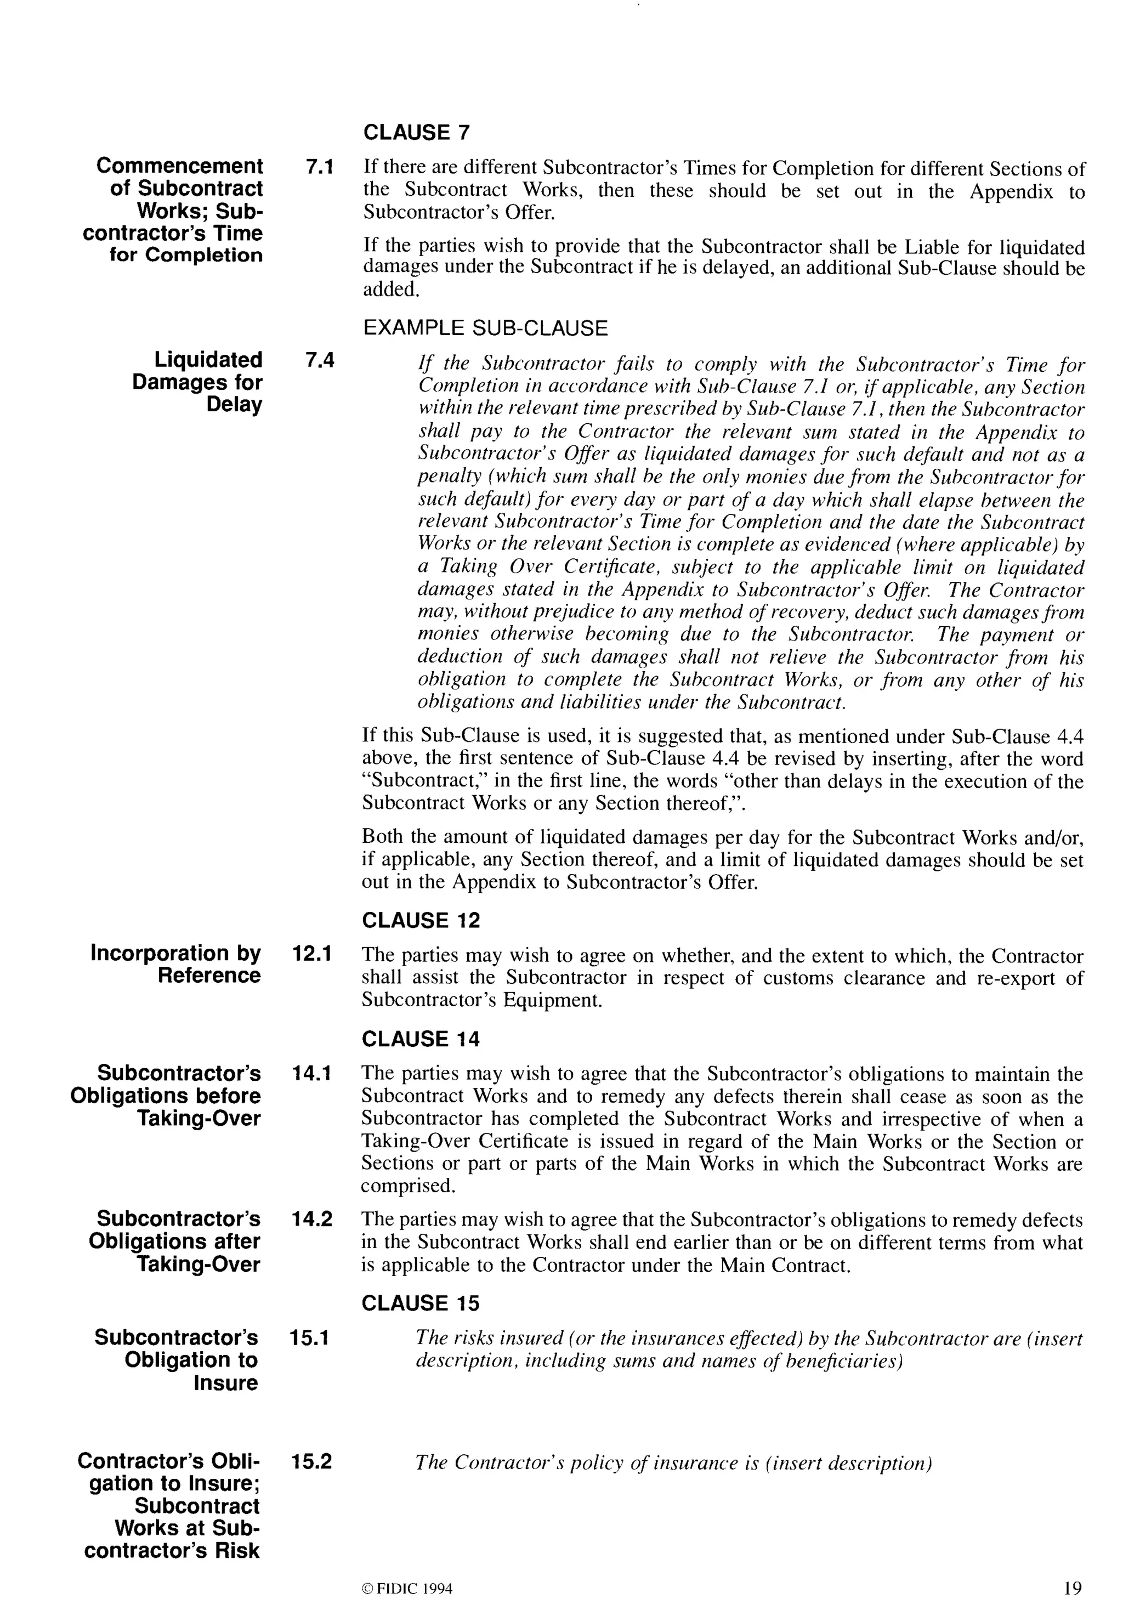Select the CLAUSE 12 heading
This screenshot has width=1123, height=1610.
[x=421, y=920]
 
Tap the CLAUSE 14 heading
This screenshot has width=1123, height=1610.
[x=421, y=1039]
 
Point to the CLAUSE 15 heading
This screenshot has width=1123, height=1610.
[x=421, y=1303]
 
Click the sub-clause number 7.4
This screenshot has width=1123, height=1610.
[x=319, y=360]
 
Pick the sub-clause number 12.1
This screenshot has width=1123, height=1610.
[x=312, y=954]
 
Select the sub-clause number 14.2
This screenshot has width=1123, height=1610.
[x=312, y=1220]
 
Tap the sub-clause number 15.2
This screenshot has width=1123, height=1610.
[x=310, y=1462]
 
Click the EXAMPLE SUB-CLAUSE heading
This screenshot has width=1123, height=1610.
[x=485, y=328]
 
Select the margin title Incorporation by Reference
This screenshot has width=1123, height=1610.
[x=177, y=964]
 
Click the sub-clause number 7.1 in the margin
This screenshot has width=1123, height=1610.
[x=319, y=168]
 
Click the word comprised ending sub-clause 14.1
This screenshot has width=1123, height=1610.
[x=408, y=1186]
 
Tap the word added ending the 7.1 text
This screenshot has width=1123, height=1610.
[x=390, y=290]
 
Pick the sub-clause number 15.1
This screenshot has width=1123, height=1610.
[x=310, y=1339]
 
